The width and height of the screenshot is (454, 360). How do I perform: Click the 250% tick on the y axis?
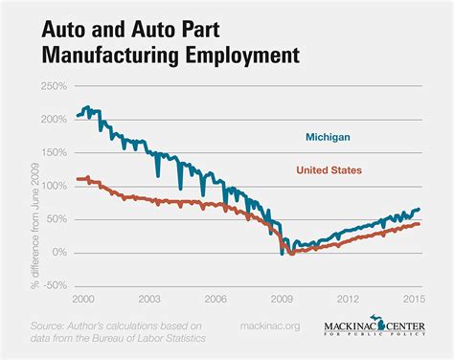55,86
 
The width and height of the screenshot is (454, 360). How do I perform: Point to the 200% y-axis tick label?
55,120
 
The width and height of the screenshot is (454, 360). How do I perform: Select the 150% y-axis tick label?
55,153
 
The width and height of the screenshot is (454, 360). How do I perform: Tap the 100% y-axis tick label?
55,186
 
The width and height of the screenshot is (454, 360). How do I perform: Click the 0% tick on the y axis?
59,253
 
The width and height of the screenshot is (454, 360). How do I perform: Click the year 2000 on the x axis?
83,299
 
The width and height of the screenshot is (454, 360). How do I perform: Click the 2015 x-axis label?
415,299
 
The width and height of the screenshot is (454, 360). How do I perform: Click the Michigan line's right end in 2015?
419,209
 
